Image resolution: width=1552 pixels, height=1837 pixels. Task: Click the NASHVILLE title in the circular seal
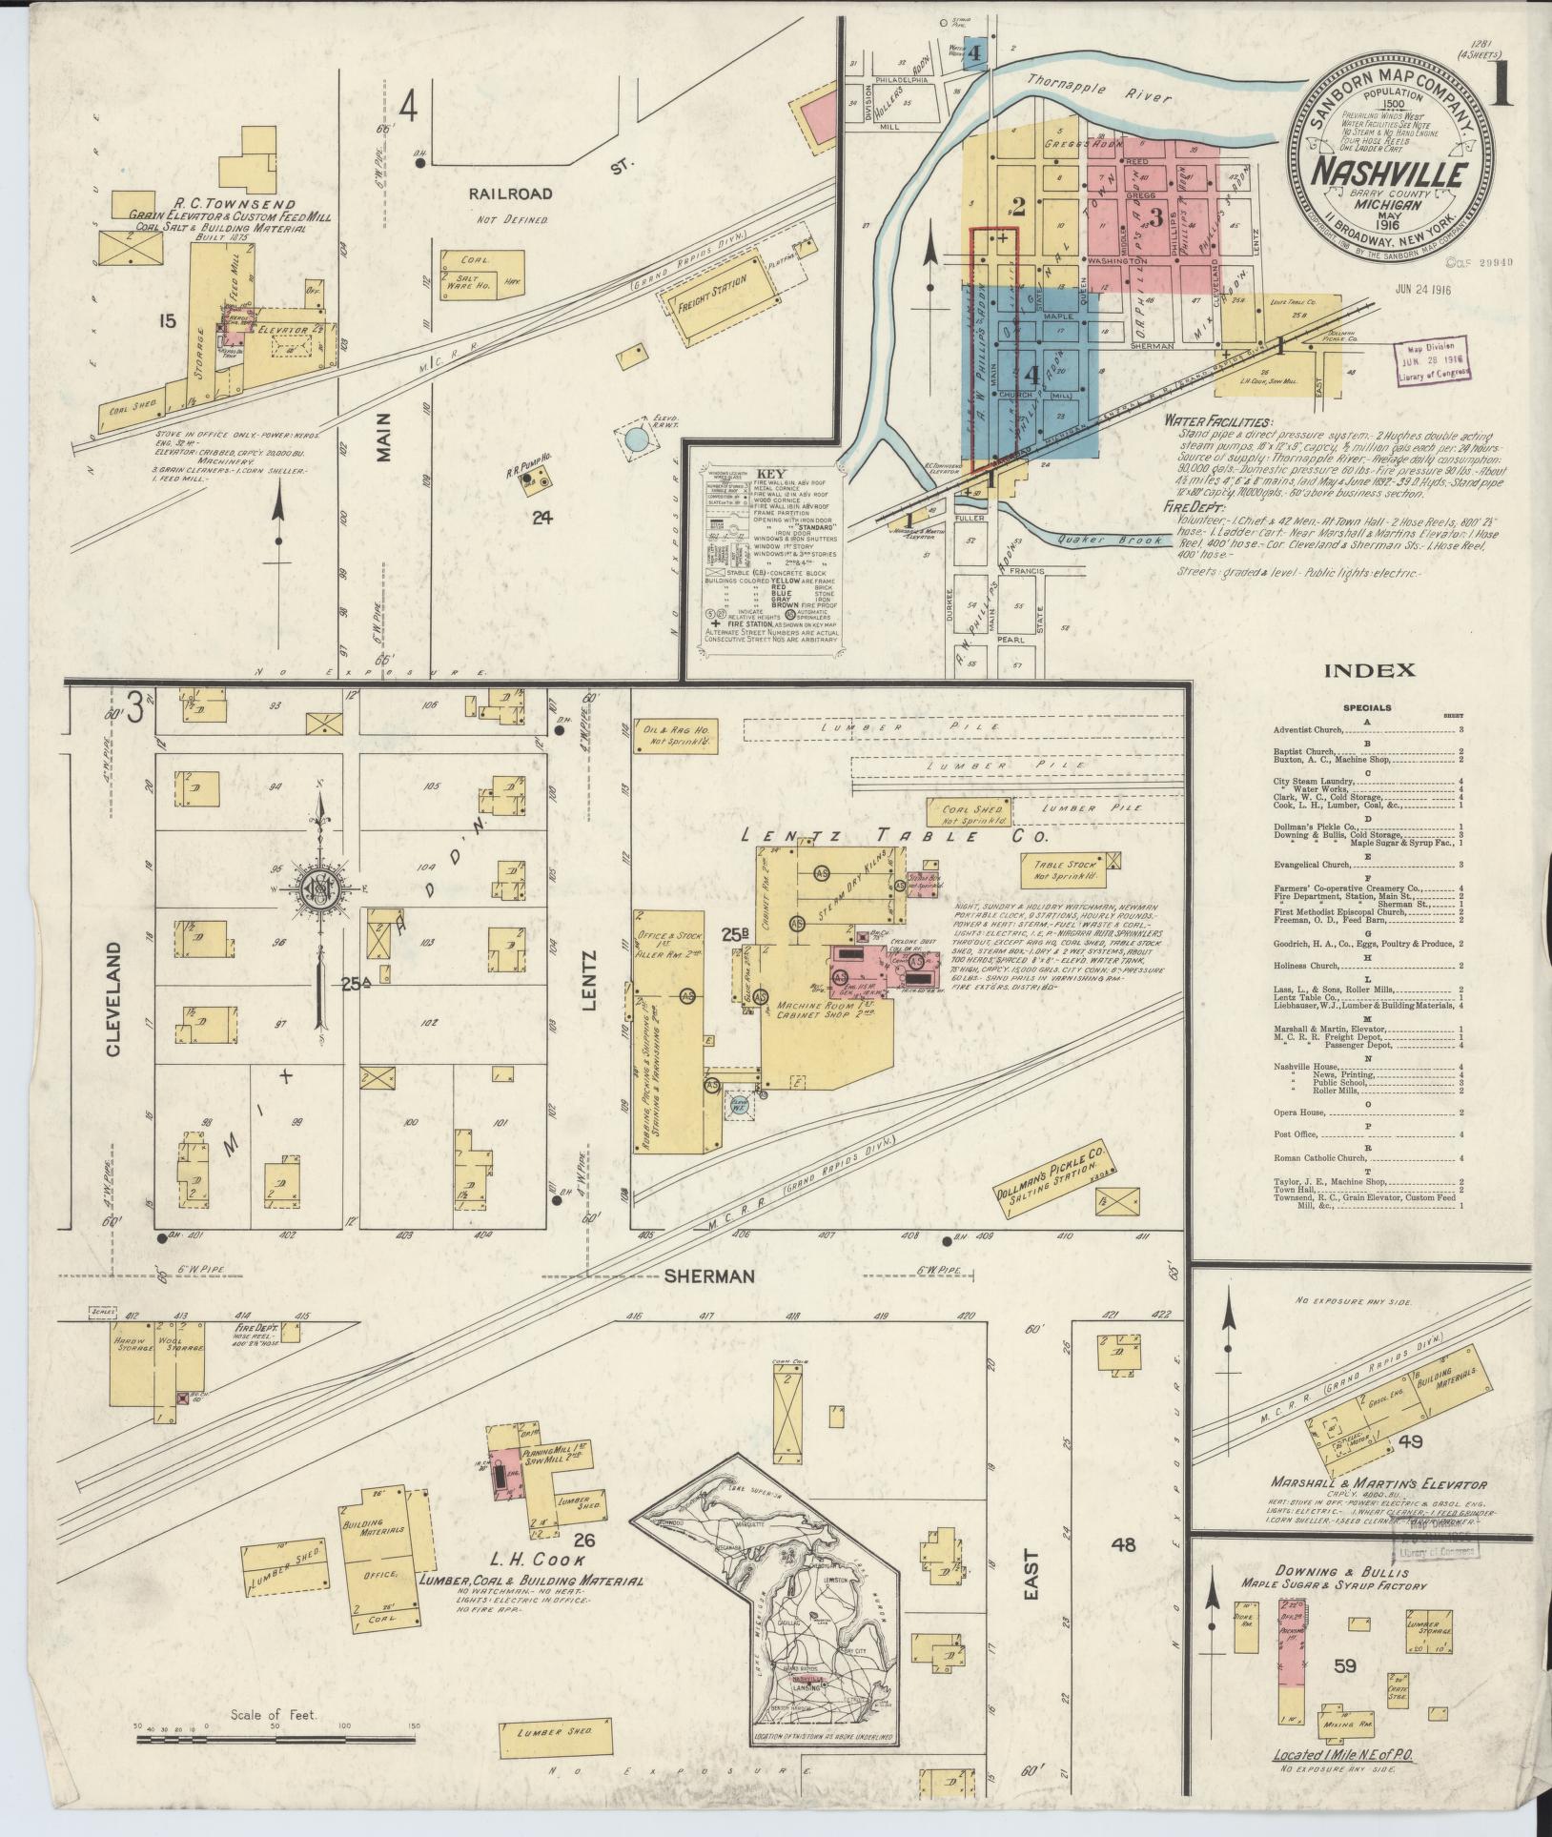click(x=1393, y=174)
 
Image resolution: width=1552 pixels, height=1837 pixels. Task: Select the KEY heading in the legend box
click(x=767, y=473)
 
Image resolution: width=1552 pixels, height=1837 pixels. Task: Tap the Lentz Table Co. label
click(x=894, y=836)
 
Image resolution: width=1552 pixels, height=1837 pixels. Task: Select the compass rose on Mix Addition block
click(x=320, y=886)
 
